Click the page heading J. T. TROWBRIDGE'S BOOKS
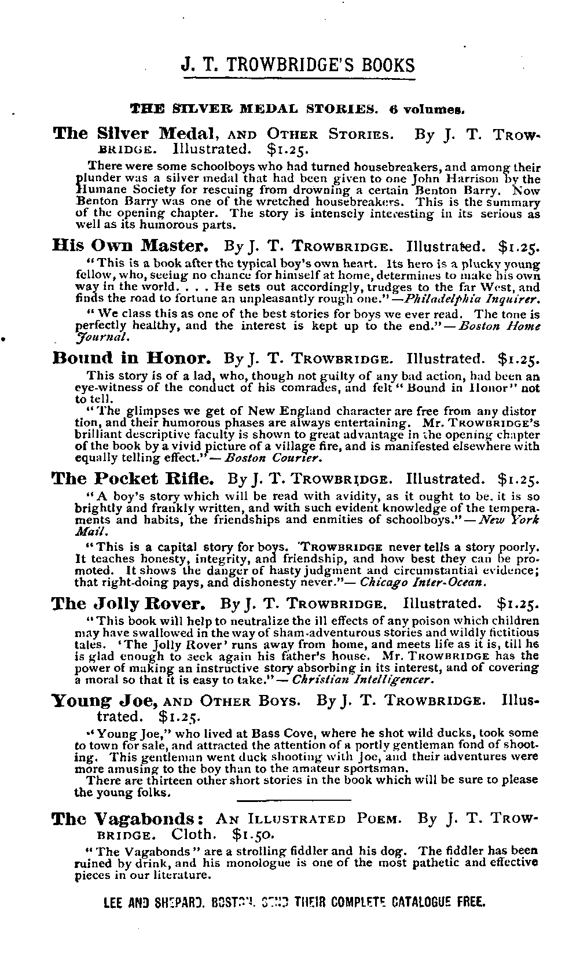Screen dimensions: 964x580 (x=298, y=64)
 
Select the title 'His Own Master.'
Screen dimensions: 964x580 (x=125, y=245)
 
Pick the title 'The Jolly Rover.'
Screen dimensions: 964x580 (x=129, y=604)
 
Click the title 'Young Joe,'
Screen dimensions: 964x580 (x=106, y=701)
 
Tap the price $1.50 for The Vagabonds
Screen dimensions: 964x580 (x=252, y=835)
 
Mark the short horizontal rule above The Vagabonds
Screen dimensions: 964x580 (x=294, y=800)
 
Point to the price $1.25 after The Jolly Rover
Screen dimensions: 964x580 (x=518, y=604)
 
